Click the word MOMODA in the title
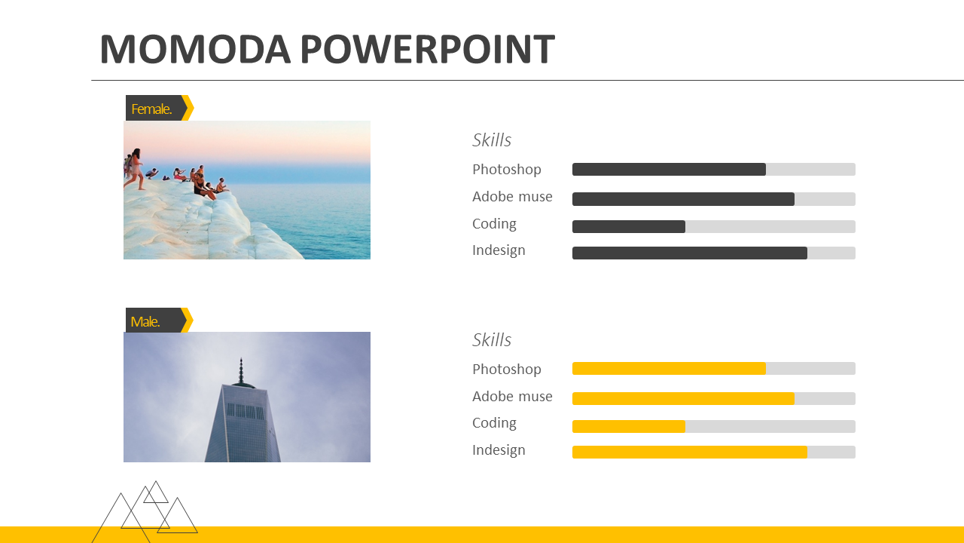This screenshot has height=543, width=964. pos(196,49)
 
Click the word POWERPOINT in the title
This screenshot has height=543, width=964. pos(428,49)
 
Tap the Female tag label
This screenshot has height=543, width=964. pos(151,109)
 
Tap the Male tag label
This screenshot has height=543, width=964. pos(145,321)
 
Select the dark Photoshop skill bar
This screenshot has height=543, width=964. pos(669,169)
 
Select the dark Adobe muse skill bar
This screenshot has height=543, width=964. pos(683,198)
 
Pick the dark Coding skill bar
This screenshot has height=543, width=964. pos(628,226)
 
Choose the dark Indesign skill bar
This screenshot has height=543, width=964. pos(689,253)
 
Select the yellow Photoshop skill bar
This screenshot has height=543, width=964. pos(669,369)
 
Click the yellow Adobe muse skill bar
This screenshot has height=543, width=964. pos(683,398)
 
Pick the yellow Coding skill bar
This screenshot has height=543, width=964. pos(628,426)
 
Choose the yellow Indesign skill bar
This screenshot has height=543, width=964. pos(689,452)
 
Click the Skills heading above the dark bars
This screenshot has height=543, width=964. pos(492,140)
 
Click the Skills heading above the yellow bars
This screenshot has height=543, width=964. pos(492,340)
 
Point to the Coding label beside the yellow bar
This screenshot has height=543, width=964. pos(494,423)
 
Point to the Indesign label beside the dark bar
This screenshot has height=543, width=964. pos(499,250)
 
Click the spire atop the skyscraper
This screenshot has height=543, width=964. pos(241,370)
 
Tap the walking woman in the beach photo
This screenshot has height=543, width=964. pos(134,169)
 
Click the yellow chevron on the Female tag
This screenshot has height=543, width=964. pos(188,108)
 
